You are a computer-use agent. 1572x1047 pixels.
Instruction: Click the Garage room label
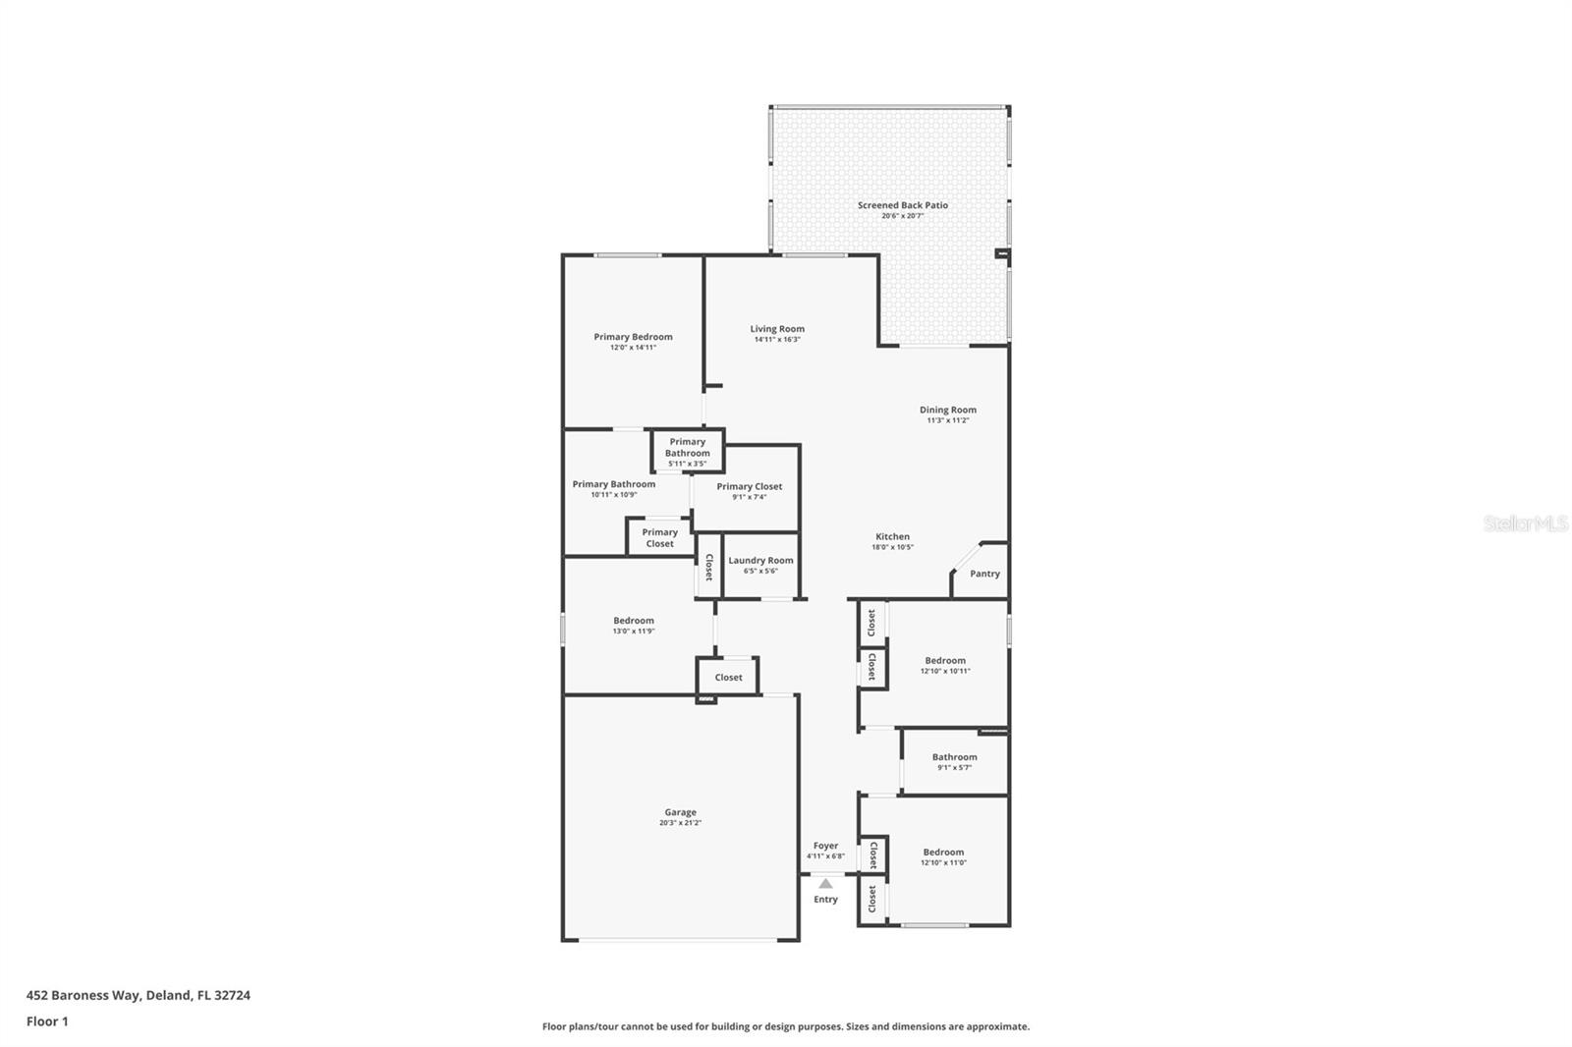[680, 812]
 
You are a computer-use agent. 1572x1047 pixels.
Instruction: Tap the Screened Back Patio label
[903, 205]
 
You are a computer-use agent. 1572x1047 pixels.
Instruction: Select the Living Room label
[777, 329]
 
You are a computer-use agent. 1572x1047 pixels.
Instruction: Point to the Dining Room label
[948, 410]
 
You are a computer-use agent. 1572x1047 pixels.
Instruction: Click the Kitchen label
[892, 536]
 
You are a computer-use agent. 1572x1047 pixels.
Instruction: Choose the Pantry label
[984, 574]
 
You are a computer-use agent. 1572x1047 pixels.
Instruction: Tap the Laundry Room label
[760, 561]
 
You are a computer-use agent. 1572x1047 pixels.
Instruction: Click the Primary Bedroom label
[633, 337]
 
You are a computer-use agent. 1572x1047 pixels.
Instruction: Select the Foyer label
[825, 846]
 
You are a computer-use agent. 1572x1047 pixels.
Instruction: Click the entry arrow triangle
[825, 884]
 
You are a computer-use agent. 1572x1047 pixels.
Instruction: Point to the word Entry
[825, 900]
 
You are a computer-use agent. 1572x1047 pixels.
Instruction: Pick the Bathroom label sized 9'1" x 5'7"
[954, 757]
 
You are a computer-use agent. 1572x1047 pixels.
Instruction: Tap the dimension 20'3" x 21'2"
[680, 823]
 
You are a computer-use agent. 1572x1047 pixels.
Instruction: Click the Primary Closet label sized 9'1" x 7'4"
[750, 486]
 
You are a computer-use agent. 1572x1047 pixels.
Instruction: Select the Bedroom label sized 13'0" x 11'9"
[634, 621]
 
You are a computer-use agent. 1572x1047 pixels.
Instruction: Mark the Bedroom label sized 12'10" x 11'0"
[943, 853]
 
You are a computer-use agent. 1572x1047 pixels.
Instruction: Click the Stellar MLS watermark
[1525, 523]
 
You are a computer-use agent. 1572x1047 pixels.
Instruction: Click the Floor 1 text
[47, 1021]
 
